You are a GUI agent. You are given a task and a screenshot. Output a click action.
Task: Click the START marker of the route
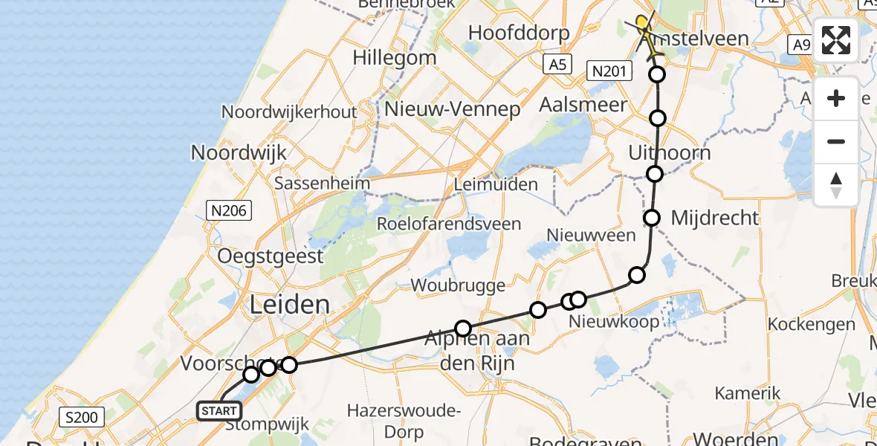coord(219,410)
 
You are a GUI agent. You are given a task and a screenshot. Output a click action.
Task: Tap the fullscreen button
coord(836,40)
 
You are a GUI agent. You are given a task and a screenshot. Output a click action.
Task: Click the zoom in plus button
coord(836,98)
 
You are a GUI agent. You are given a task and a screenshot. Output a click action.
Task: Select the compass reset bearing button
coord(836,185)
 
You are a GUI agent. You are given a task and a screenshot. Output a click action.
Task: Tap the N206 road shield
coord(228,211)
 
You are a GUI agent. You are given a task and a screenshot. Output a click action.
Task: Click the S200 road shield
coord(82,417)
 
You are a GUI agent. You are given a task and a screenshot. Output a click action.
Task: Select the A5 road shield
coord(557,65)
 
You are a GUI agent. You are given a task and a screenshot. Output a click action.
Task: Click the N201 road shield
coord(609,71)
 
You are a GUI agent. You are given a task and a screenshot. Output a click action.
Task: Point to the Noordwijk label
coord(239,152)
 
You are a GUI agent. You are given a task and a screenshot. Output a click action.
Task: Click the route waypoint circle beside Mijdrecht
coord(652,218)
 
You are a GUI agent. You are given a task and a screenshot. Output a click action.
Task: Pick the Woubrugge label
coord(458,285)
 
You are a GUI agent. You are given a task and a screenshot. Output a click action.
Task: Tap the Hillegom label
coord(395,57)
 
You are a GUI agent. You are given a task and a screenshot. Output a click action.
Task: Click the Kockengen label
coord(811,324)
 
